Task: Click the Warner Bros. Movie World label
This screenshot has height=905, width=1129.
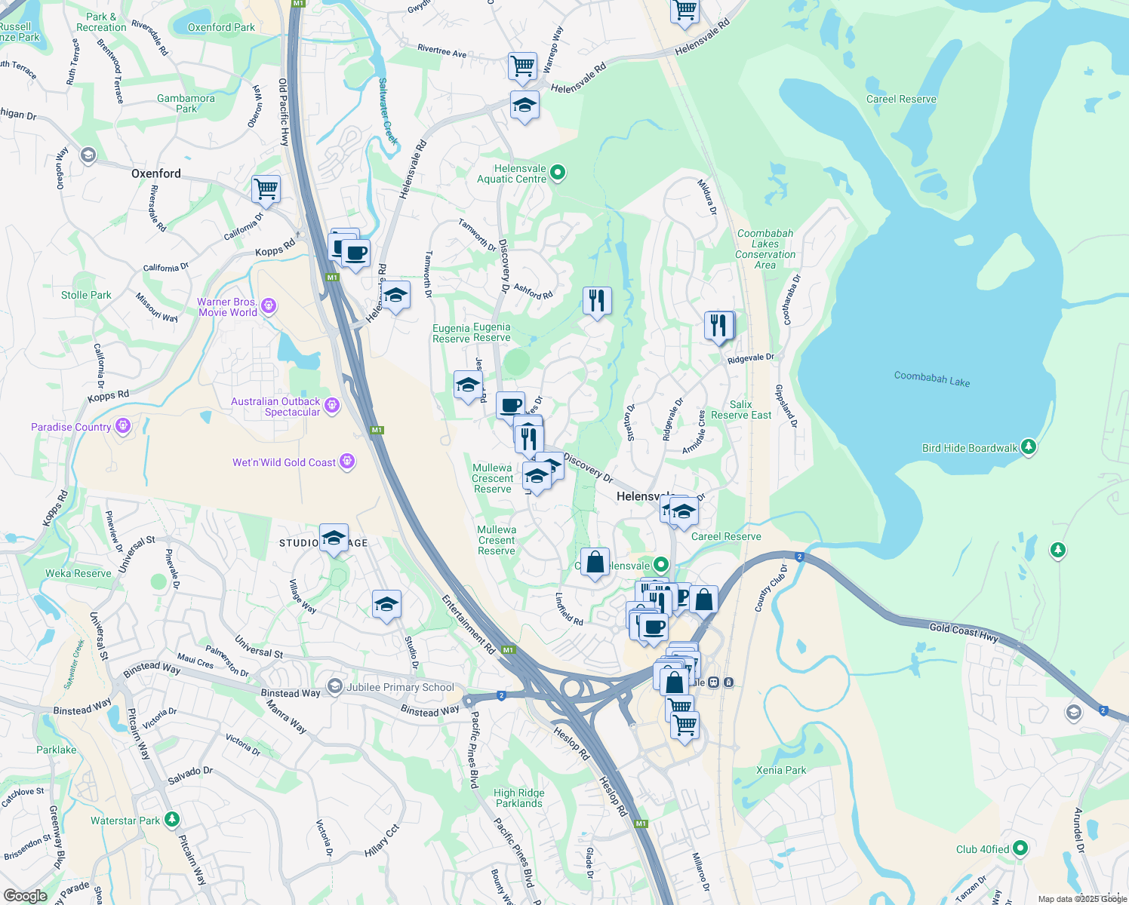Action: [227, 307]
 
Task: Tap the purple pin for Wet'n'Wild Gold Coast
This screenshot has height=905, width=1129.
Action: [347, 462]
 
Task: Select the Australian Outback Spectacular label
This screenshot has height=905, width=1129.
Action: [275, 406]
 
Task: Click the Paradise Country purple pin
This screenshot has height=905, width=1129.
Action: [123, 427]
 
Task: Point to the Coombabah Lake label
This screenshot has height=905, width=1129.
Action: [932, 379]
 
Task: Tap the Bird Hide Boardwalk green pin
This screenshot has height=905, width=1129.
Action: [1028, 447]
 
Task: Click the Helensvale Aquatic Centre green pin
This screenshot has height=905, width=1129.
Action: [558, 173]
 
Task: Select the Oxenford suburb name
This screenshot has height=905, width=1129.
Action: [156, 173]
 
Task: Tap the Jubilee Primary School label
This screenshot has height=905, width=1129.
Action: [400, 687]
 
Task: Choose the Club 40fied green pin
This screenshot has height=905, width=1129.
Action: [1020, 848]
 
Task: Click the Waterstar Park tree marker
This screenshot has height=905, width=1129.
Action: [172, 819]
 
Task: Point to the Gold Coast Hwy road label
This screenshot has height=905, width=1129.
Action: [964, 632]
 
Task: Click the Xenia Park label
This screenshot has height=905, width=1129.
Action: [781, 770]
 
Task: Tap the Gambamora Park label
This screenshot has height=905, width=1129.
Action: [186, 103]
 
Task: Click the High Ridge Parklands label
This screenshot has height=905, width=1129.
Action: [519, 798]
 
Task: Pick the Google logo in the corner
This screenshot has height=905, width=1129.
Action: [25, 896]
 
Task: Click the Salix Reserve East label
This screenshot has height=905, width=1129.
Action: [741, 410]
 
